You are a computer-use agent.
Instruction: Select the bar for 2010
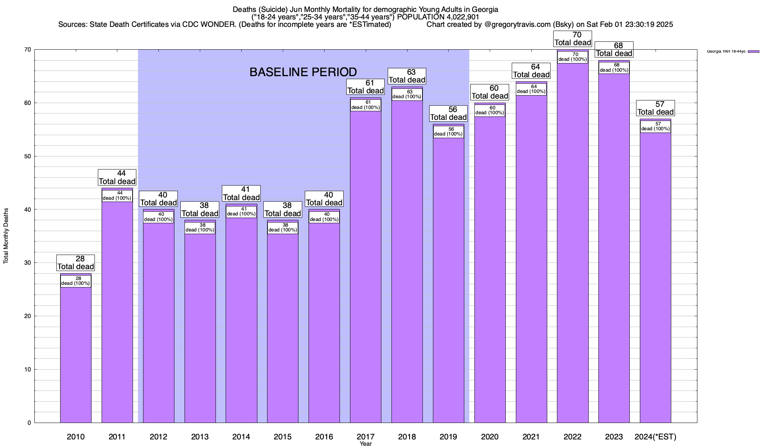pos(76,355)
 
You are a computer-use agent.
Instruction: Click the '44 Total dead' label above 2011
pos(117,177)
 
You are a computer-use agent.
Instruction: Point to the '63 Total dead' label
pos(407,76)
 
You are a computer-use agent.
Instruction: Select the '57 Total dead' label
pos(656,108)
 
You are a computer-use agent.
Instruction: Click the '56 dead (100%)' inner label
pos(449,132)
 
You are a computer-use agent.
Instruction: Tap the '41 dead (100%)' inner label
pos(241,212)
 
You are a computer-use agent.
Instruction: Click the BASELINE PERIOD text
pos(303,72)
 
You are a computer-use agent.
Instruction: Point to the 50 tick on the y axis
pos(28,156)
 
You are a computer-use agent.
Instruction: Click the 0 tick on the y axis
pos(29,423)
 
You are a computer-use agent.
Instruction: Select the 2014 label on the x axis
pos(241,437)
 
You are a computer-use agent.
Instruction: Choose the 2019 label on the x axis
pos(449,437)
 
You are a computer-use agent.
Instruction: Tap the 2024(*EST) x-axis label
pos(656,437)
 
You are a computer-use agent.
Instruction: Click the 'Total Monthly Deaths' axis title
pos(6,236)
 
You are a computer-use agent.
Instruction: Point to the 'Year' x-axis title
pos(366,444)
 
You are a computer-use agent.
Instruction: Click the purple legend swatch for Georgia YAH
pos(754,52)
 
